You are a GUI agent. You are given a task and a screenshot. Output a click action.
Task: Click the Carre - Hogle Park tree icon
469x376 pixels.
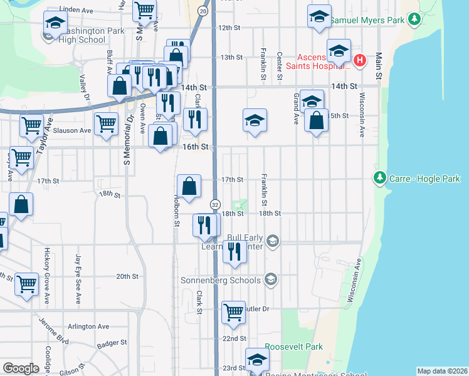point(379,178)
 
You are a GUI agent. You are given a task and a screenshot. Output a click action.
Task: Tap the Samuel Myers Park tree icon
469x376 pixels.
point(413,20)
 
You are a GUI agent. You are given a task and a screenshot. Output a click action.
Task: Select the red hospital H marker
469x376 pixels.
point(359,61)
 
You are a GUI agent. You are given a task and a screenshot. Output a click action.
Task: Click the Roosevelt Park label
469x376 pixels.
point(293,347)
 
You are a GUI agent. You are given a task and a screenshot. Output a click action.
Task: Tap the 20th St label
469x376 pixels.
point(127,276)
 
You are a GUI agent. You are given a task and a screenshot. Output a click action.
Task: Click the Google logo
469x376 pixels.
point(21,368)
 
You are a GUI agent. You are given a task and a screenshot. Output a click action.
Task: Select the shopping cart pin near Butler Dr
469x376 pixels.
point(233,311)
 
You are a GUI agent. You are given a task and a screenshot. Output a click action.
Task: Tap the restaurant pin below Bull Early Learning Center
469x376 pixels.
point(234,251)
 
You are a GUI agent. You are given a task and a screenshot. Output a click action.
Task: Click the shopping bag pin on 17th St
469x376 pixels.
point(189,185)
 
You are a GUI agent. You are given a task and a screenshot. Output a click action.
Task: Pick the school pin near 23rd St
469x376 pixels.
point(256,360)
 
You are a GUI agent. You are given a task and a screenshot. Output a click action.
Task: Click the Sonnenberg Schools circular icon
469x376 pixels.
point(271,279)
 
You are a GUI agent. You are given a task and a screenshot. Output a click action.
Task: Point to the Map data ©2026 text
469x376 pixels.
point(441,371)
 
